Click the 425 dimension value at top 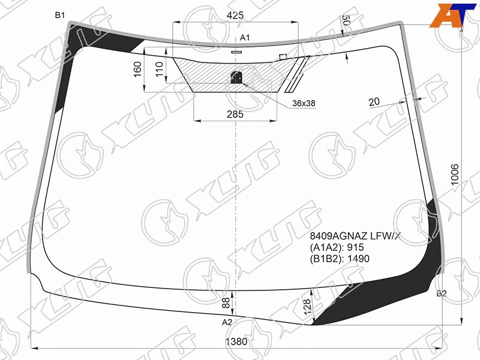coord(235,15)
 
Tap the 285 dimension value coord(235,114)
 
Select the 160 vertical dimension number coord(138,69)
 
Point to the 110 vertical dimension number coord(159,69)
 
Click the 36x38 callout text coord(304,103)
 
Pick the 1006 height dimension coord(455,175)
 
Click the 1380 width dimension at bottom coord(236,341)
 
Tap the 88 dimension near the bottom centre coord(226,303)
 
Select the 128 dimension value coord(307,306)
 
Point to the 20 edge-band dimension coord(374,101)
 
